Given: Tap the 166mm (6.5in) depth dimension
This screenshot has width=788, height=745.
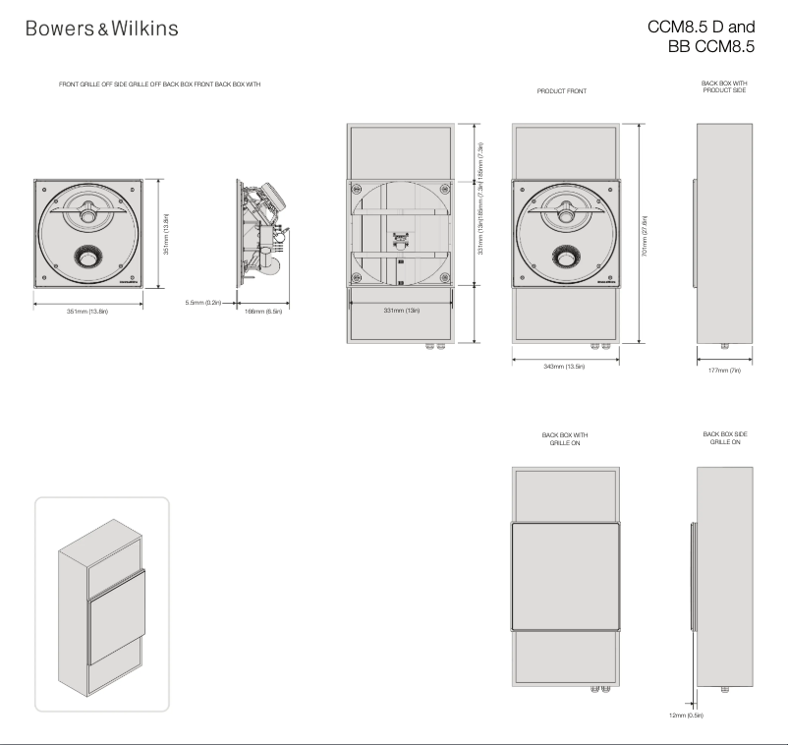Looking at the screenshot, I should pos(263,312).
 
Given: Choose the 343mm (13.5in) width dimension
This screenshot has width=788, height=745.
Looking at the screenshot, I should pos(565,367).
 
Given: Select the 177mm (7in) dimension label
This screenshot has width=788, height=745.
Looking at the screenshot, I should pos(724,372).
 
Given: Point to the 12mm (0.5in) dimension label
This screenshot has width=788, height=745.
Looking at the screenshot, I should pos(686,716).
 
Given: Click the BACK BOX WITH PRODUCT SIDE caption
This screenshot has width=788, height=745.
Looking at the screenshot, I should pos(724,87).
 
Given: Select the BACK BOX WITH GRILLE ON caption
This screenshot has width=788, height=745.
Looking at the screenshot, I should pos(565,436).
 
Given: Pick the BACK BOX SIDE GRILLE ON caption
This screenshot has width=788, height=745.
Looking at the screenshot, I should pos(724,436).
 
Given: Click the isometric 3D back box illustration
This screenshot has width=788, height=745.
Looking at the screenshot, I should pos(101,603).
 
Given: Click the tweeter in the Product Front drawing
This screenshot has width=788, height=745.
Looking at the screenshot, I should pos(566,208).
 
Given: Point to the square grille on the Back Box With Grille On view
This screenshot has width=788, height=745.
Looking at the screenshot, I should pos(565,576).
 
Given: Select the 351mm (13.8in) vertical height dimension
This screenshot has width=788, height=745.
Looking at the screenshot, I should pos(167,233).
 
